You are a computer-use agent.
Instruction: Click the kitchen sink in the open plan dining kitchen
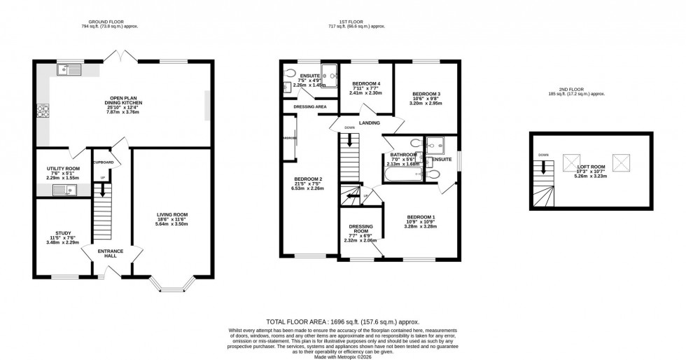pyautogui.click(x=71, y=69)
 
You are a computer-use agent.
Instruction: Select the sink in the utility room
pyautogui.click(x=69, y=188)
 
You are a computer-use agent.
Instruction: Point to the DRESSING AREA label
pyautogui.click(x=310, y=106)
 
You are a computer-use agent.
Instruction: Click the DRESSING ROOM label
pyautogui.click(x=361, y=230)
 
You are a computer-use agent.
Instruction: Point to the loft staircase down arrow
pyautogui.click(x=544, y=169)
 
